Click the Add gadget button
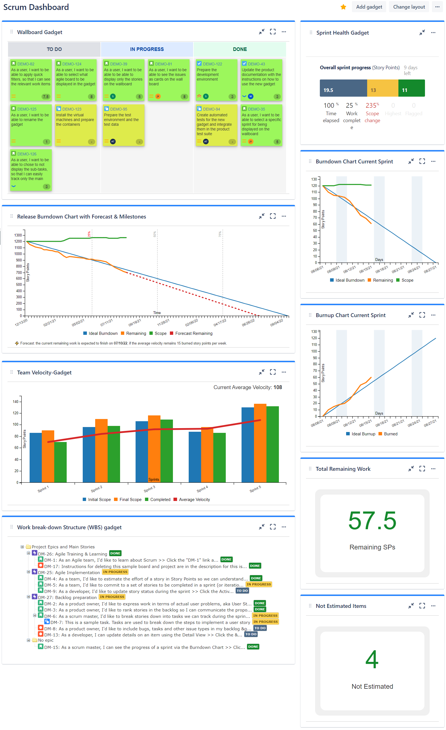pos(369,7)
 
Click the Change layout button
pos(409,7)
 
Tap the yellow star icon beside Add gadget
pos(343,7)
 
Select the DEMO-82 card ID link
pos(26,64)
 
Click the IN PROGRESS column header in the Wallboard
pos(147,49)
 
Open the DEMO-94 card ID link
pos(211,109)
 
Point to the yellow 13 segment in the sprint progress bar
pos(382,88)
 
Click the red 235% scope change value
pos(372,106)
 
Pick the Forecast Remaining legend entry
pos(194,333)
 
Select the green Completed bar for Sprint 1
pos(60,462)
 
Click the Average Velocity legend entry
pos(194,500)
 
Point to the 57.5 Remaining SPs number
pos(372,521)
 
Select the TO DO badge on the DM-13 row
pos(250,634)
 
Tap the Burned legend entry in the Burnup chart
pos(390,434)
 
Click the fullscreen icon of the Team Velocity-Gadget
pos(273,372)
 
